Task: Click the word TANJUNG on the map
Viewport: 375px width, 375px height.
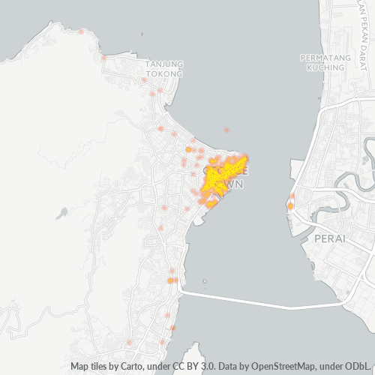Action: pyautogui.click(x=164, y=64)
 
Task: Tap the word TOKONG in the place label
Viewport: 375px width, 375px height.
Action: pyautogui.click(x=164, y=73)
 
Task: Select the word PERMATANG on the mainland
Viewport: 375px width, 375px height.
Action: pyautogui.click(x=322, y=58)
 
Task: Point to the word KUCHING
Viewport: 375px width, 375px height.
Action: pyautogui.click(x=322, y=67)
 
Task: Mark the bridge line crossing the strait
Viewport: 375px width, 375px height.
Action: pyautogui.click(x=247, y=300)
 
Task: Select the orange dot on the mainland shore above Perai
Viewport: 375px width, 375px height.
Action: pyautogui.click(x=290, y=205)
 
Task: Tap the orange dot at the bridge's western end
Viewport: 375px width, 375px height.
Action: pyautogui.click(x=171, y=280)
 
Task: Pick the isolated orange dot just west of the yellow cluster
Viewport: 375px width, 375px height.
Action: pyautogui.click(x=188, y=149)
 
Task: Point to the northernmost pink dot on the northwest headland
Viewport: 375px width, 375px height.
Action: pyautogui.click(x=103, y=57)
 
